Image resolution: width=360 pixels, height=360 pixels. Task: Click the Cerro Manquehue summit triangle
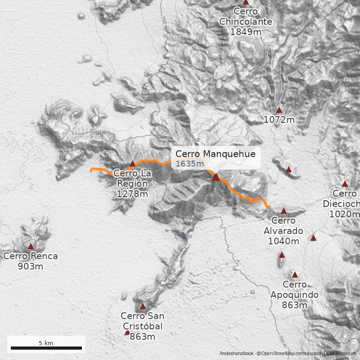(x=216, y=177)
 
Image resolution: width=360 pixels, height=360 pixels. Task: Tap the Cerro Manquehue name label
(x=216, y=154)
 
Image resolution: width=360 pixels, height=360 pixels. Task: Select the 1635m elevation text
(x=189, y=163)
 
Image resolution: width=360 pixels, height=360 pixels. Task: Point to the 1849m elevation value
(x=245, y=32)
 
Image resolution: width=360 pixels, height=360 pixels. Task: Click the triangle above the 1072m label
(x=279, y=110)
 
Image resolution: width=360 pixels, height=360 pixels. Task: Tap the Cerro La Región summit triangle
(x=132, y=163)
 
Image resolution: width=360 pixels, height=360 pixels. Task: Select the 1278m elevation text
(x=132, y=194)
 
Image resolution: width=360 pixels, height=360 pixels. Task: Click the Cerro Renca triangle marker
(x=31, y=246)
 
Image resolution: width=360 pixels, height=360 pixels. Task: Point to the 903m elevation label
(x=31, y=266)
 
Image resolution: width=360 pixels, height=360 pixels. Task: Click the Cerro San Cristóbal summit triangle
(x=143, y=306)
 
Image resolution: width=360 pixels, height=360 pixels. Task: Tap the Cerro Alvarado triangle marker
(x=283, y=211)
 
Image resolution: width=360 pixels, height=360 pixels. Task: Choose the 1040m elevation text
(x=283, y=241)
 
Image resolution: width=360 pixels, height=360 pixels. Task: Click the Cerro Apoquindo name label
(x=295, y=290)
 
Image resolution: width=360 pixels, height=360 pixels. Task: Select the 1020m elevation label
(x=345, y=214)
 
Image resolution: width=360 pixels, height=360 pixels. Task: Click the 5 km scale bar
(x=46, y=348)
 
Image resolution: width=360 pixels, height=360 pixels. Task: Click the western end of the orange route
(x=91, y=170)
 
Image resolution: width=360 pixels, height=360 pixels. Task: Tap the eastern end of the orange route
(x=268, y=207)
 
